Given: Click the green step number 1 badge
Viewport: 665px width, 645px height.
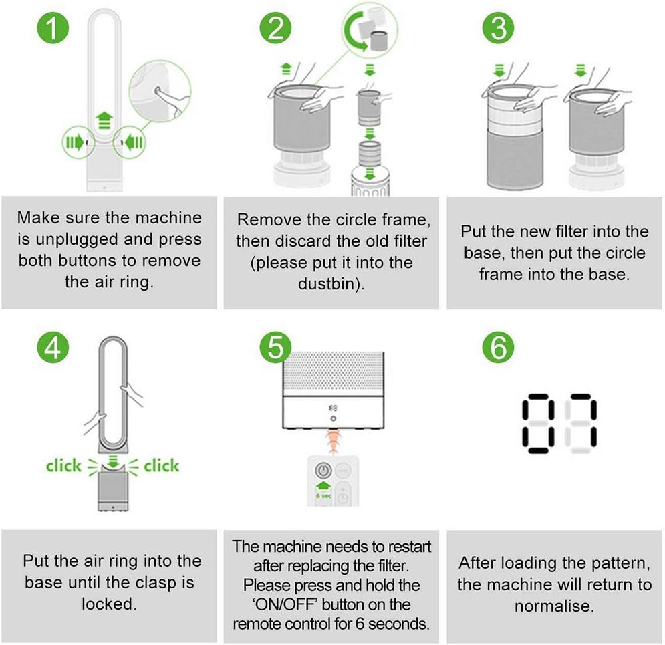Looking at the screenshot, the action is point(53,27).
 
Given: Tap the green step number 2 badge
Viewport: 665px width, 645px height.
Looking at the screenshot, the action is point(275,27).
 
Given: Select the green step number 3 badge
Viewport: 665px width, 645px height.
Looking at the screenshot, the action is point(499,27).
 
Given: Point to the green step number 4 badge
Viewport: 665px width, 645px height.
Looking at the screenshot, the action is point(53,348).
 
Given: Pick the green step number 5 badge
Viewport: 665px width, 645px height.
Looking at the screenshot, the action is point(275,348).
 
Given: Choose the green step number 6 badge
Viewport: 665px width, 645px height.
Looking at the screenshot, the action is point(499,348).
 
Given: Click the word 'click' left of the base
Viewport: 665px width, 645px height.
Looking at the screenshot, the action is point(63,465).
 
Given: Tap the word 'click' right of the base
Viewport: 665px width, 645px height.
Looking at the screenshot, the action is point(162,465).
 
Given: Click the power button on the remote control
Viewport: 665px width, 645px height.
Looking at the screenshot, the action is point(323,471).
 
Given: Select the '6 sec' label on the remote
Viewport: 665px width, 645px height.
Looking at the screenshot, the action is point(323,495).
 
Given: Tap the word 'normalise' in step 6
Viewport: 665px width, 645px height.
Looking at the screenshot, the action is point(552,606).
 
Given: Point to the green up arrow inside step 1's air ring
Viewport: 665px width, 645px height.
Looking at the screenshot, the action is point(104,120).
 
